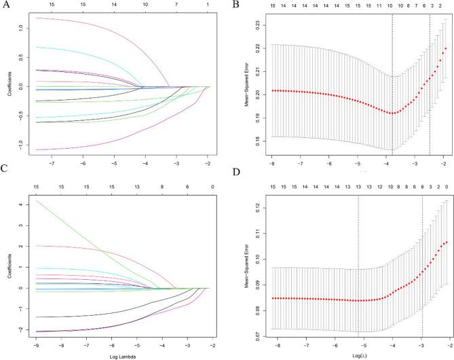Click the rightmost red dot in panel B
pos(445,48)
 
